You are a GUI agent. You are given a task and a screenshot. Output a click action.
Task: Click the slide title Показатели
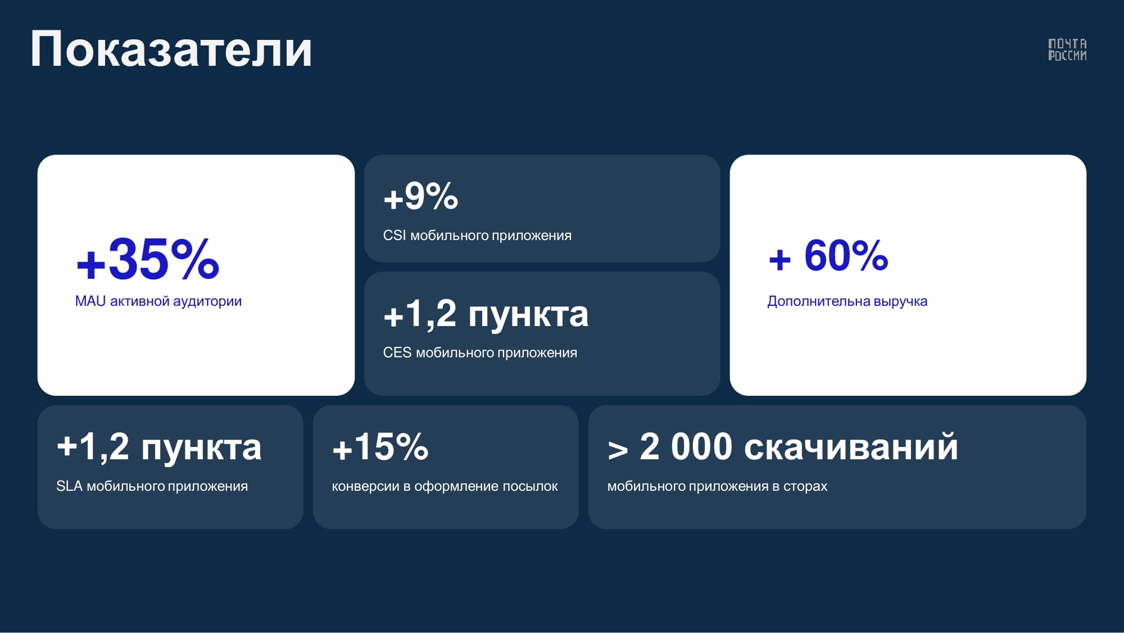171,49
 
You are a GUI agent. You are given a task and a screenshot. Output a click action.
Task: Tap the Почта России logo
1067,49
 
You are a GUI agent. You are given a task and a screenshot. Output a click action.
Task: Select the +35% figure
147,259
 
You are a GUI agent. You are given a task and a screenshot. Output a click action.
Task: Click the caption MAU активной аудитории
158,301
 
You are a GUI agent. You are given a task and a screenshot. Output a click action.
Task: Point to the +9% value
420,196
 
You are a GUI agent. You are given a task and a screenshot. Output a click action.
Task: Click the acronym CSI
395,235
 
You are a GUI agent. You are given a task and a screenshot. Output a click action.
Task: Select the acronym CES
397,352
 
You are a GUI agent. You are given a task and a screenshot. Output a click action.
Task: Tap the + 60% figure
828,256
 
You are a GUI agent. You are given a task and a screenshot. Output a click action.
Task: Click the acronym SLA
70,486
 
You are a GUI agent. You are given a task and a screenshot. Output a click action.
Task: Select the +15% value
380,447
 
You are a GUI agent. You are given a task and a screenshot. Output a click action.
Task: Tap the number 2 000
686,447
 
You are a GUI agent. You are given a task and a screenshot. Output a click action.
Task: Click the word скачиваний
851,447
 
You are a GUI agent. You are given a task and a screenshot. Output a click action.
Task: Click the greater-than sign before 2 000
618,450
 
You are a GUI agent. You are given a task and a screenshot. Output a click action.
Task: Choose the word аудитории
207,301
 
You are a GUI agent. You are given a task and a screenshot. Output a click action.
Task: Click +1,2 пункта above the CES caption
486,314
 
